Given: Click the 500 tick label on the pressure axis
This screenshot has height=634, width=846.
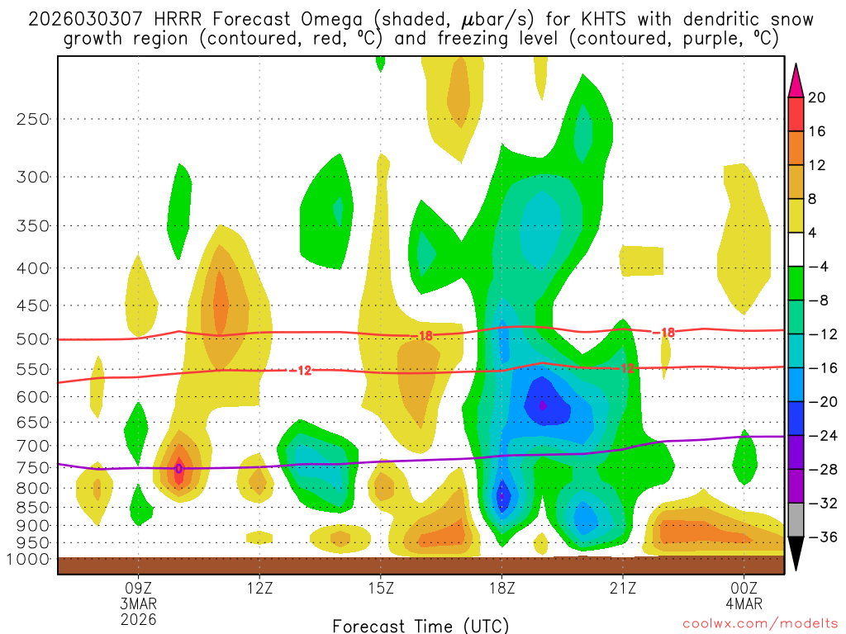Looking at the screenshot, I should (x=33, y=339).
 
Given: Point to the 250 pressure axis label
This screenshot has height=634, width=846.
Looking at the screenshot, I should (x=33, y=119).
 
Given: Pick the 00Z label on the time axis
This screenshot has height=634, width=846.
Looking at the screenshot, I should (x=744, y=589).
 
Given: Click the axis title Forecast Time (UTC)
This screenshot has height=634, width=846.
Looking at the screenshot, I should (x=421, y=625).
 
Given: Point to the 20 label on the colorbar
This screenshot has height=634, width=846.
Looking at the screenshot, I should (x=817, y=97).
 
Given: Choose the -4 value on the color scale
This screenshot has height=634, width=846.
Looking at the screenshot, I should (x=817, y=267).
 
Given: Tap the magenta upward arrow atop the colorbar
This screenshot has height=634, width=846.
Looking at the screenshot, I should (x=796, y=80).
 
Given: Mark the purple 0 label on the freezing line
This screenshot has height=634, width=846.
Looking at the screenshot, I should (x=178, y=469).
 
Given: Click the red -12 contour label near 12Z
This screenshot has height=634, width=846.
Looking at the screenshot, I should (x=302, y=371).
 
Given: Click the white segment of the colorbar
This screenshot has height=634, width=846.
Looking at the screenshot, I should (x=796, y=249).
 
